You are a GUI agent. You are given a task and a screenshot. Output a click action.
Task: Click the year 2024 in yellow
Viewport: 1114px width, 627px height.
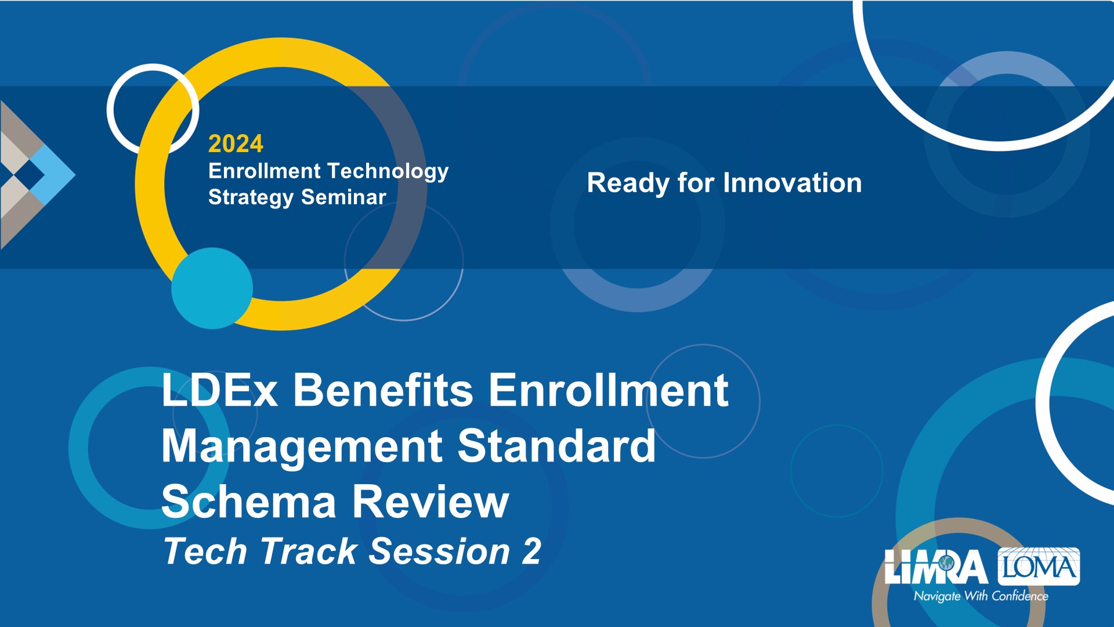point(236,143)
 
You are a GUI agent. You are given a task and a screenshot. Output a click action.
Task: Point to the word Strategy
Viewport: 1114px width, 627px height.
point(251,198)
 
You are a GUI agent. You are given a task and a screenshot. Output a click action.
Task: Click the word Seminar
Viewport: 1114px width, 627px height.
point(343,197)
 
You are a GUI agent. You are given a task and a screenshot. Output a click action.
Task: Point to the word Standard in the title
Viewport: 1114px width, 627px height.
point(556,446)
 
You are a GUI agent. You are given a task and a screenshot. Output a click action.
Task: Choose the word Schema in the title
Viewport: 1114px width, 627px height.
point(249,502)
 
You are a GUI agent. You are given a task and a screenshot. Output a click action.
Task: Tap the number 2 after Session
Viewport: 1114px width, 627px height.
point(531,551)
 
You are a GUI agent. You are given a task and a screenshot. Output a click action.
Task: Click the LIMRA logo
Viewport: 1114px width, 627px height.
point(936,567)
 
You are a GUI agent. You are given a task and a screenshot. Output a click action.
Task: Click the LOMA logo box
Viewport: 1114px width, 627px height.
point(1039,566)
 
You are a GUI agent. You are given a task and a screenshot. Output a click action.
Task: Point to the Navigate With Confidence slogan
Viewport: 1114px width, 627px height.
point(981,596)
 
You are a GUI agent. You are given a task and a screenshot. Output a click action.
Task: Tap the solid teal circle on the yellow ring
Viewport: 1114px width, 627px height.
point(212,289)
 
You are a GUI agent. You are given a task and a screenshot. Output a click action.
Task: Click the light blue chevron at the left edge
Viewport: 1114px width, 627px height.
point(53,174)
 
